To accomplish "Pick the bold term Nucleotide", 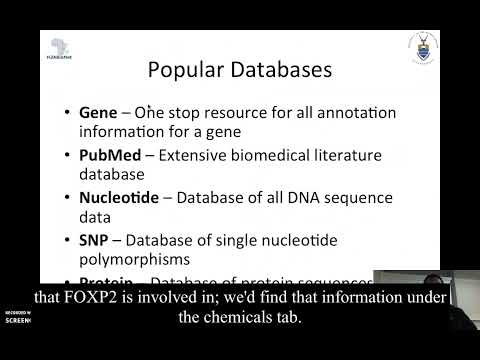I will [119, 197].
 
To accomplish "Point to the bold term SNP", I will [95, 239].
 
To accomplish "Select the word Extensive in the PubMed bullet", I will [194, 155].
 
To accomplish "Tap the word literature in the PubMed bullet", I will [363, 155].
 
